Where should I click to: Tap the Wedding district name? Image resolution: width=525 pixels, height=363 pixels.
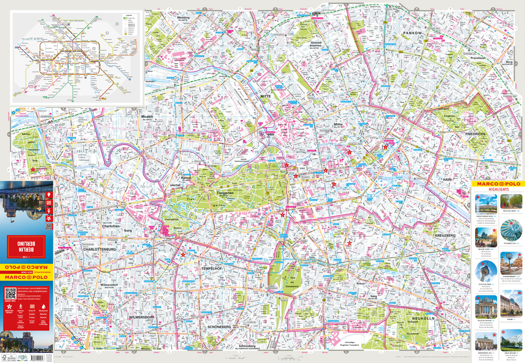[183, 18]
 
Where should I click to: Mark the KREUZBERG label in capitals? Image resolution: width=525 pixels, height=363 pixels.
[446, 235]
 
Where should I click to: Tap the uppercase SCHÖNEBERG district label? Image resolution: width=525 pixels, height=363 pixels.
[219, 326]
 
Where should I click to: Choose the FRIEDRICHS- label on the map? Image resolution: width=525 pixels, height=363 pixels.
[476, 134]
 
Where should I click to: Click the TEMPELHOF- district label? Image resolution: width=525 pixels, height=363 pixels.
[213, 268]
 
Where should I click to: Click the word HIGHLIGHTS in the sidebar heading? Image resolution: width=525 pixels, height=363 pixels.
[498, 190]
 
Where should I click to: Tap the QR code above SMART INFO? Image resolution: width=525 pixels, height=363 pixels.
[10, 293]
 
